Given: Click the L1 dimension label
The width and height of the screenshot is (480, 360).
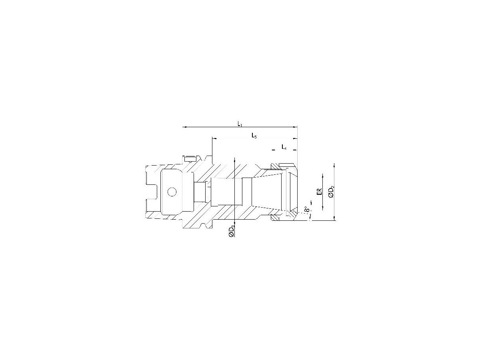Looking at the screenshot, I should (240, 124).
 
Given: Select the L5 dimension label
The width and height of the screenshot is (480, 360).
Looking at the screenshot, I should (254, 136).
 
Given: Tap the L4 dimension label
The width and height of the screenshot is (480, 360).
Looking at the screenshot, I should (284, 147).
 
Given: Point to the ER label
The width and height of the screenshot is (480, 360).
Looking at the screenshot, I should (319, 192).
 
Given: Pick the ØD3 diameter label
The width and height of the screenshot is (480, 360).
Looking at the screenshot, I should (231, 232).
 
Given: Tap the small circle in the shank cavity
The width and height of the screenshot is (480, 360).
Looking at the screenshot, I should (172, 192).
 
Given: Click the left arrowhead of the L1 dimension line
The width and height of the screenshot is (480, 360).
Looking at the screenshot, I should (184, 127).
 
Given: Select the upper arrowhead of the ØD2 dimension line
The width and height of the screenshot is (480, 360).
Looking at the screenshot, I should (334, 165).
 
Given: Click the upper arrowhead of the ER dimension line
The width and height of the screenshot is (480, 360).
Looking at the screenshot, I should (323, 175).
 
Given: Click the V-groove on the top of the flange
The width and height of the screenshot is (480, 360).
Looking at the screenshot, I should (208, 157).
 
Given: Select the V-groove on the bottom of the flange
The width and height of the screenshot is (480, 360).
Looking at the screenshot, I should (208, 227).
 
